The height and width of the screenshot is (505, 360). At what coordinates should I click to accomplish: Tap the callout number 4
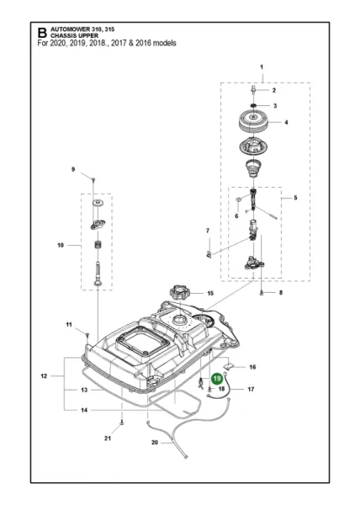285,122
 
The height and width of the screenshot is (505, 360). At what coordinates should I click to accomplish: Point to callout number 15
209,294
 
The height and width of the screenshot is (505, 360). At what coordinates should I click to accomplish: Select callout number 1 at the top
262,66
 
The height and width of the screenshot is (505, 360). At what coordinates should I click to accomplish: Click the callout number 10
60,247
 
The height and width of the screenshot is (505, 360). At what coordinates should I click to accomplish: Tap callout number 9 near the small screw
73,170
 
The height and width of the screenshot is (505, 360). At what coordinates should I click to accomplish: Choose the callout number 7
208,230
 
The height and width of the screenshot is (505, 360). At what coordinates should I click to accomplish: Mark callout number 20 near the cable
154,443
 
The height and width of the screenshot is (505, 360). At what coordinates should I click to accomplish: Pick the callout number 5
294,198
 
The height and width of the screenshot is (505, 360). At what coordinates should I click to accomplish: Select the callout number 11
70,325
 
